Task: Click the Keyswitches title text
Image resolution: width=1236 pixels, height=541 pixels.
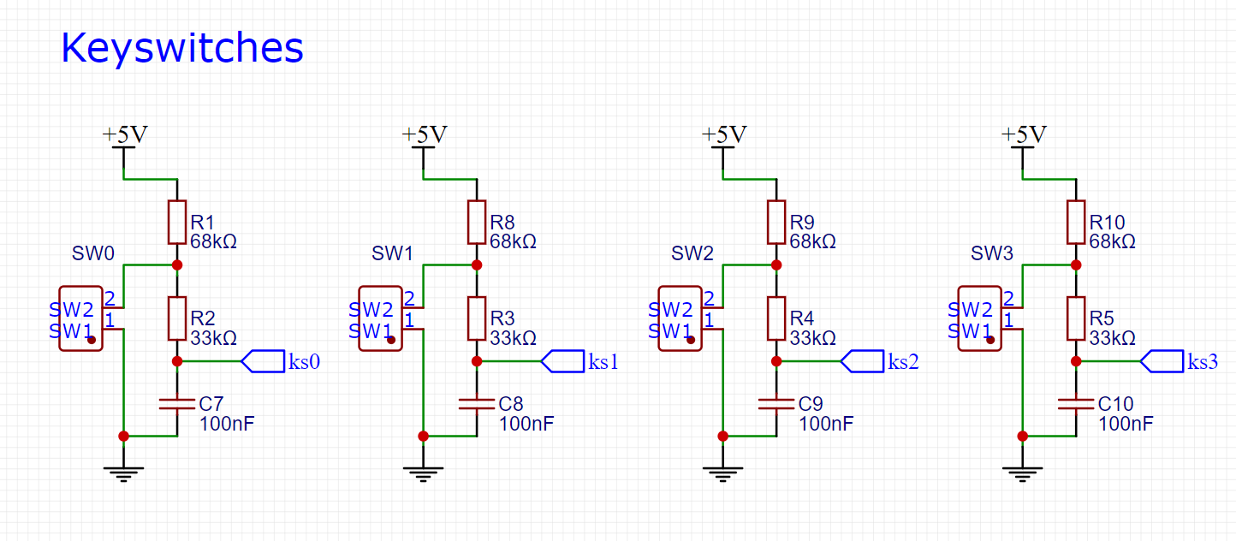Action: tap(182, 48)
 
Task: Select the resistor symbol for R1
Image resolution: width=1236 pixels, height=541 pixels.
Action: tap(177, 222)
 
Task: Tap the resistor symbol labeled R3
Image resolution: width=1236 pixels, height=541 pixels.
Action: tap(477, 318)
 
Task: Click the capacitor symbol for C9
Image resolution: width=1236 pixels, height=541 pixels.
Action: tap(776, 404)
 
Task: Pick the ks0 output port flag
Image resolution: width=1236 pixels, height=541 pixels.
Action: tap(263, 361)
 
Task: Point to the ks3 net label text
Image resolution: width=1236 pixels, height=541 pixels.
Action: tap(1203, 361)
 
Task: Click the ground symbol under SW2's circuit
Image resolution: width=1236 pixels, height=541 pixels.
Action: tap(722, 474)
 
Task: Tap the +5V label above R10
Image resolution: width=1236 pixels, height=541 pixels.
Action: tap(1024, 134)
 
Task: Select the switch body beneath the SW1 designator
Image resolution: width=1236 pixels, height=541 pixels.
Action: tap(380, 318)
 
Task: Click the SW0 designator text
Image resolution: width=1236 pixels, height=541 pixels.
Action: tap(93, 253)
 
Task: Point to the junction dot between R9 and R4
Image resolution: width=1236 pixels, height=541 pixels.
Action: tap(776, 265)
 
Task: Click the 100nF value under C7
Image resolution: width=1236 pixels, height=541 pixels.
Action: tap(227, 424)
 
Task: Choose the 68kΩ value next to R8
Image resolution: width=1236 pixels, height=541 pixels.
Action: tap(514, 241)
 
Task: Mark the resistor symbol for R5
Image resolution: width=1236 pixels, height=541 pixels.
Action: tap(1076, 318)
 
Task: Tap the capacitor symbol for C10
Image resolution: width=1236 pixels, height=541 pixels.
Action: tap(1076, 404)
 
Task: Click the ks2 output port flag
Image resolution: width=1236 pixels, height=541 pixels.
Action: tap(863, 361)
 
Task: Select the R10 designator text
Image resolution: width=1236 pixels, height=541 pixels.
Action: tap(1108, 222)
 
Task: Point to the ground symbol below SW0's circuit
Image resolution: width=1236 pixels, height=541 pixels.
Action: tap(123, 474)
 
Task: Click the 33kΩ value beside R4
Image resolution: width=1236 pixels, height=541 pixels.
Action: tap(813, 338)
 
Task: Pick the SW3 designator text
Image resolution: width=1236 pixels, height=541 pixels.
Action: tap(992, 253)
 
